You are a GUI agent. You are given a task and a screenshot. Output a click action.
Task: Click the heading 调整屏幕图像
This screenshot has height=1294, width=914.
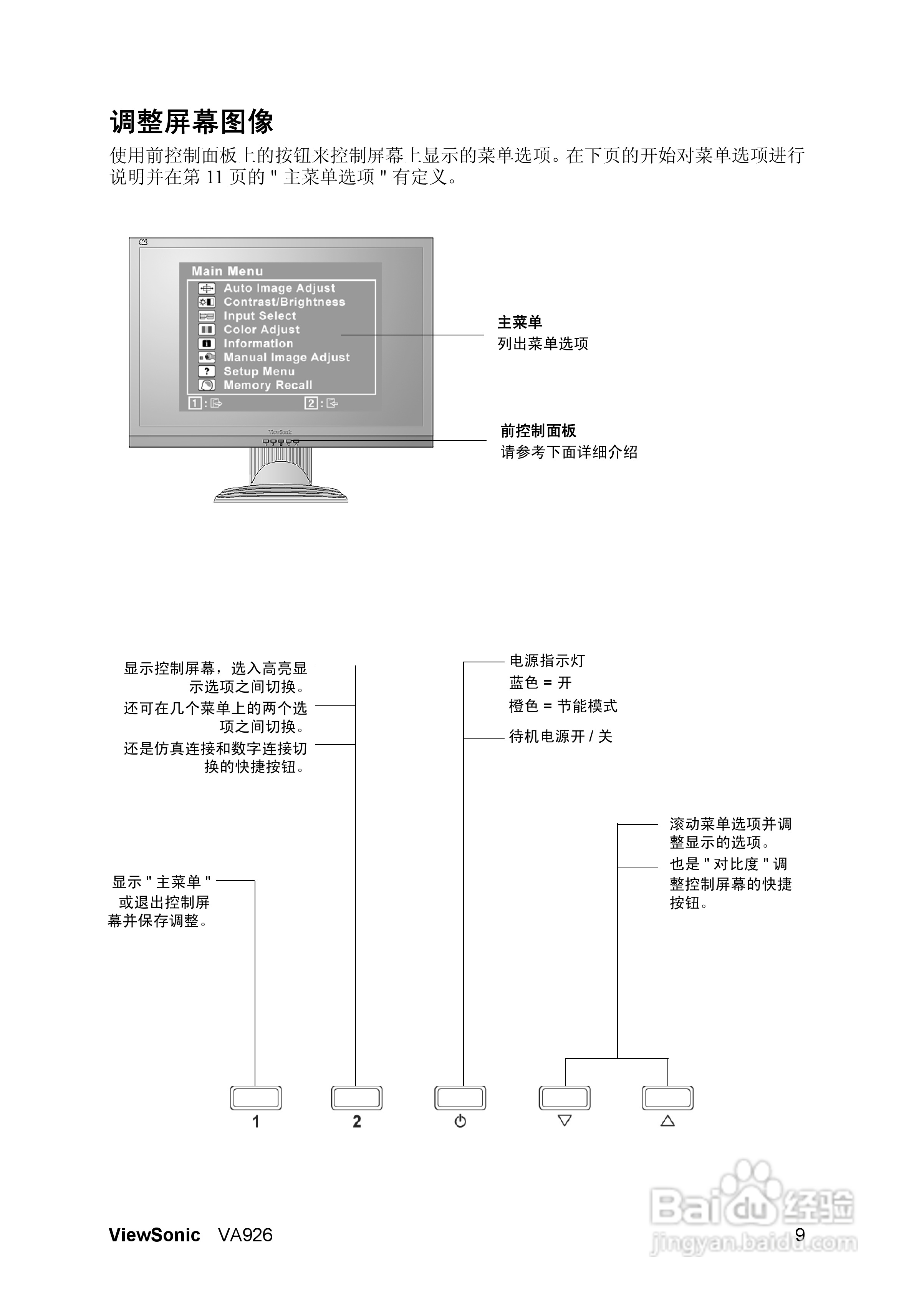[192, 122]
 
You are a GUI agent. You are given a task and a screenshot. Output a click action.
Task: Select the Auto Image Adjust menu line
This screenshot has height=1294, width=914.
[279, 288]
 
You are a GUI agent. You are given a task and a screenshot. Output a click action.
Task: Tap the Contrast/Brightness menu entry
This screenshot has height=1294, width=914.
[284, 302]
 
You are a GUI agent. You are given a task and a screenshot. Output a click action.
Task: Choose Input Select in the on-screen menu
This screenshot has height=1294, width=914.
[259, 315]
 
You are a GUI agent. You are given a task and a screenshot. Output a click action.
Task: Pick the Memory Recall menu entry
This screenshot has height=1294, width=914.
[268, 385]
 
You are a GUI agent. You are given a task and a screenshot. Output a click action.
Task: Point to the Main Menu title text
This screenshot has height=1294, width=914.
[227, 271]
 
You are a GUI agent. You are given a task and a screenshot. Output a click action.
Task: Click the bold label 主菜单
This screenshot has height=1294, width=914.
[520, 322]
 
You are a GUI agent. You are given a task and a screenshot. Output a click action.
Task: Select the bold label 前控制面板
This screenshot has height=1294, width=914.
[538, 431]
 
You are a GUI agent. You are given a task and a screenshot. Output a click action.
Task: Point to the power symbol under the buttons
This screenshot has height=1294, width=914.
[460, 1121]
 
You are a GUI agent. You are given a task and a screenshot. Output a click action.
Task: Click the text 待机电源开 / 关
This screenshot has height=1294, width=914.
[560, 737]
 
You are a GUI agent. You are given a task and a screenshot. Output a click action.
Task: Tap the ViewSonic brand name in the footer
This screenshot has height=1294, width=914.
[154, 1235]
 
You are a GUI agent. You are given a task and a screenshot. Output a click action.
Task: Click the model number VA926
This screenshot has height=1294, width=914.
[245, 1235]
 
